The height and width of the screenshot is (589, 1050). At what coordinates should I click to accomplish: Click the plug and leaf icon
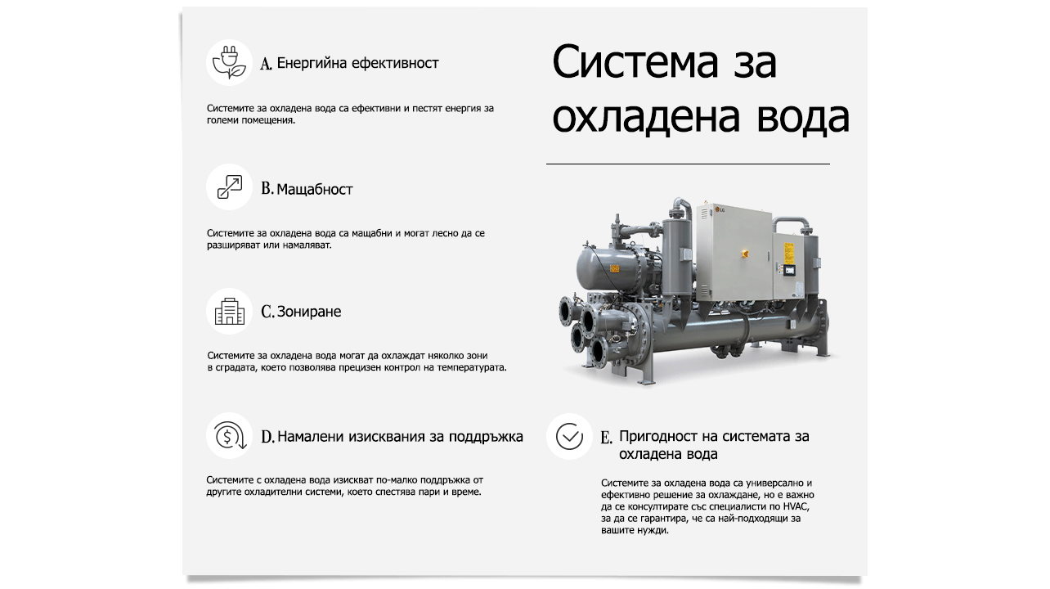click(x=229, y=63)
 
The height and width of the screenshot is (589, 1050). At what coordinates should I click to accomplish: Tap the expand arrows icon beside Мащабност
click(x=229, y=188)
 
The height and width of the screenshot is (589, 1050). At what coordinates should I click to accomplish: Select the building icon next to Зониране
click(x=229, y=312)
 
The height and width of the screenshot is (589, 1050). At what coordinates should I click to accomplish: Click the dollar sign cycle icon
click(x=229, y=436)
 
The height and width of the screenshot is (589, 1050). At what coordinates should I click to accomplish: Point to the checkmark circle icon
click(x=569, y=437)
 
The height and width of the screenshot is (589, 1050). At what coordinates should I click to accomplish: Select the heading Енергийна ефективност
click(x=358, y=63)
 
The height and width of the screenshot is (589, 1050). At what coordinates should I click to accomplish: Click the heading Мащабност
click(x=315, y=189)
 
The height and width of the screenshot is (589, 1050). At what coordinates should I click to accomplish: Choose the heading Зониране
click(x=309, y=312)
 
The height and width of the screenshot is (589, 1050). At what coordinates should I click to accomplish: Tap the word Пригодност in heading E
click(x=659, y=436)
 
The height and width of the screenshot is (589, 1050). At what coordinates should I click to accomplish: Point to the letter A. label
click(x=267, y=64)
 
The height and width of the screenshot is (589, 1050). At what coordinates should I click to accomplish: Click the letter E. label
click(x=606, y=438)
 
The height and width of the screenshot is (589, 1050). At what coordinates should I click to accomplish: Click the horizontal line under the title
click(x=688, y=164)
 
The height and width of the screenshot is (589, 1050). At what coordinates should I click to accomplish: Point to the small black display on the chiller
click(x=789, y=270)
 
